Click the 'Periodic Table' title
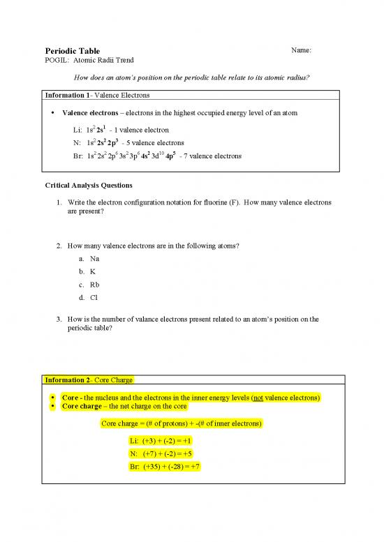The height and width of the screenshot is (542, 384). coord(73,51)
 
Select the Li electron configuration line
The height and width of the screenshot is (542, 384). coord(118,130)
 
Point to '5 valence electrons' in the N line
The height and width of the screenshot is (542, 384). coord(153,143)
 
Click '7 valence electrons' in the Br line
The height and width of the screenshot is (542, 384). coord(213,156)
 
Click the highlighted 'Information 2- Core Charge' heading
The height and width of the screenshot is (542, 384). coord(89,380)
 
